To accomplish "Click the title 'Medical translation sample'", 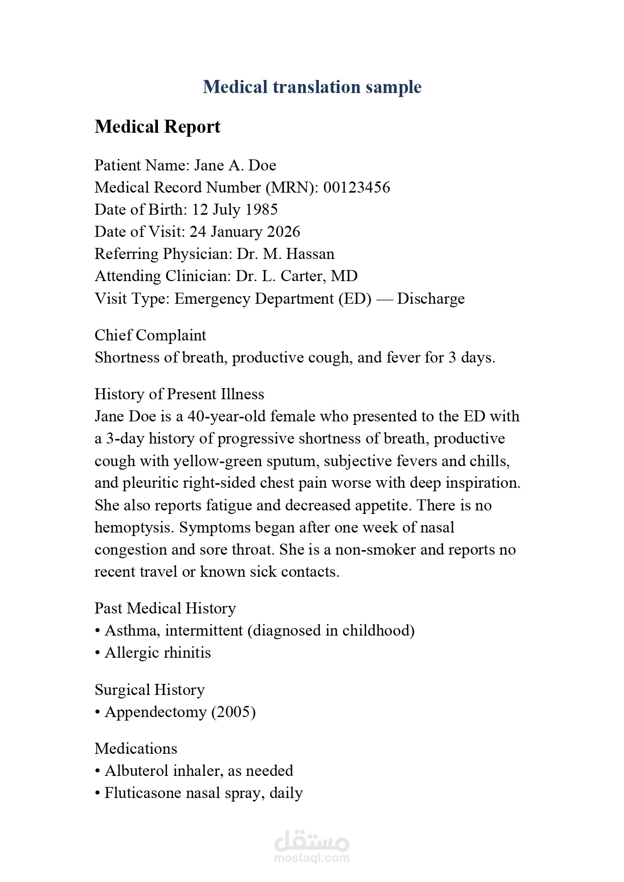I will (x=312, y=87).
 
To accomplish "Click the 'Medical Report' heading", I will (x=157, y=127).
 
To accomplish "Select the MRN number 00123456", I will (x=356, y=188).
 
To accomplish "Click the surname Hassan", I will (x=310, y=254).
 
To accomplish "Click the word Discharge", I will (x=431, y=299).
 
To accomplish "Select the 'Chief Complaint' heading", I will (x=150, y=335).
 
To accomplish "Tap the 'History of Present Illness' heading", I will (x=179, y=394).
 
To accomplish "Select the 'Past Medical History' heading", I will (x=165, y=608).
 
